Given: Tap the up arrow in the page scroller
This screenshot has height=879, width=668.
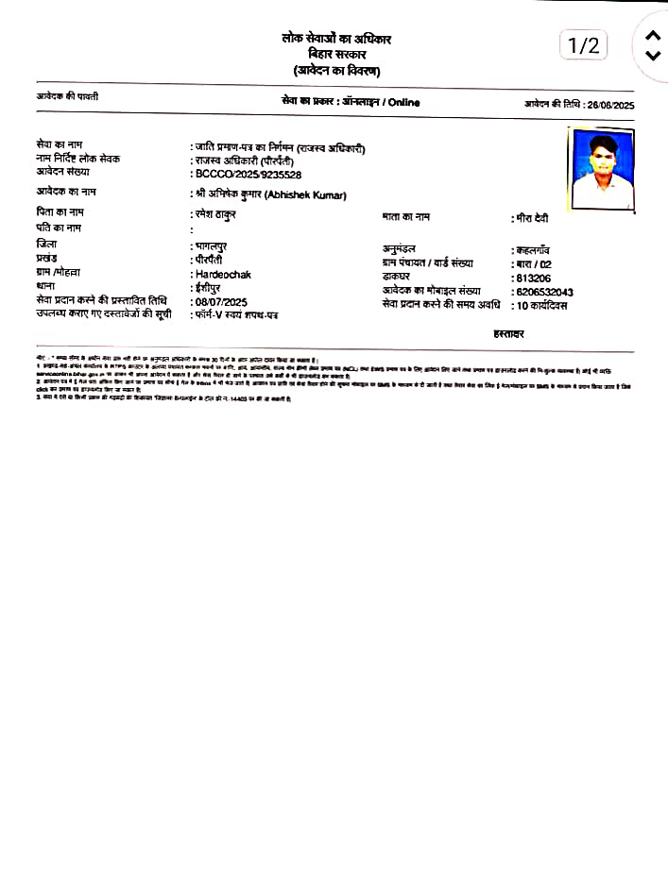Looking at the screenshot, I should [x=652, y=35].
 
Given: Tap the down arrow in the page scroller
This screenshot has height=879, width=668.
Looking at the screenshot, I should [x=652, y=56].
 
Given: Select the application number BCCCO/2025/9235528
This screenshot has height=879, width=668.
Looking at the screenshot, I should [x=248, y=175].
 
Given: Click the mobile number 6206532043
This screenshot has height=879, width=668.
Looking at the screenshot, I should [x=543, y=292].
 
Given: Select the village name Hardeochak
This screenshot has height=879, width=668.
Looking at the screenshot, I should [x=223, y=274].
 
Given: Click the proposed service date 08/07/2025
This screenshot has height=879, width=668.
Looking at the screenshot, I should [x=221, y=300].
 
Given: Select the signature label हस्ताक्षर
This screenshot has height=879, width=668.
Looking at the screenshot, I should [x=509, y=334].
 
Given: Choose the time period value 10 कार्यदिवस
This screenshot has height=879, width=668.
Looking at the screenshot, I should [x=542, y=306].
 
